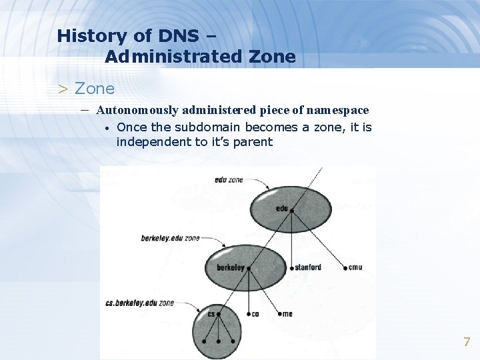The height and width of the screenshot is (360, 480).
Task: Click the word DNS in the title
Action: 179,36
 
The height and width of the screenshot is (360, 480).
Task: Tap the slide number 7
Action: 467,343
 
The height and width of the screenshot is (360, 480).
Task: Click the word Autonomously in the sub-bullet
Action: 137,109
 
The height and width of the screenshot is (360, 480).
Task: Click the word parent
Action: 253,141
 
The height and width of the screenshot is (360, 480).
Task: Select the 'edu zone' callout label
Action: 229,180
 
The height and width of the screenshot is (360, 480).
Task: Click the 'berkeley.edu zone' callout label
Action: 170,238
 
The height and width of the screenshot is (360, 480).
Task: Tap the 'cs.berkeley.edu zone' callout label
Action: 139,303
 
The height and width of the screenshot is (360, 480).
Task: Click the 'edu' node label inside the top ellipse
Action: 281,209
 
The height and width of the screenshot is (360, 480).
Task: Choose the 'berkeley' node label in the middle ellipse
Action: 231,268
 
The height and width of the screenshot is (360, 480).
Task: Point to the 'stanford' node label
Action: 308,267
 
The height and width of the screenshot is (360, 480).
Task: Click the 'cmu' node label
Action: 355,267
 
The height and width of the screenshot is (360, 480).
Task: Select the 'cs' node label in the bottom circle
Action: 211,313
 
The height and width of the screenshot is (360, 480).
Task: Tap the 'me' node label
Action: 287,313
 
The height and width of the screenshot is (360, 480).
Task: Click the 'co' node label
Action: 255,314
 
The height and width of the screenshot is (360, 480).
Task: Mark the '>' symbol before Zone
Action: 63,89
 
